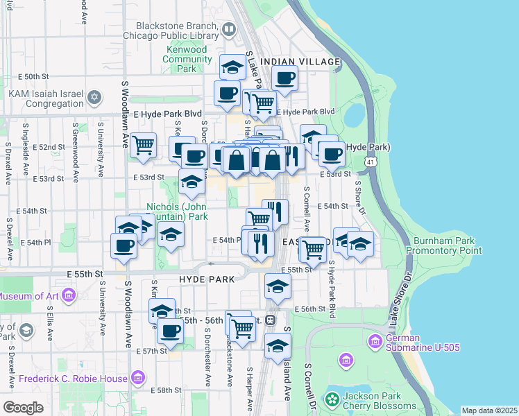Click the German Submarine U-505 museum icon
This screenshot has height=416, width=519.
pos(375,341)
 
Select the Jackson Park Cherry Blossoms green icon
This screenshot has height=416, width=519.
pos(332,399)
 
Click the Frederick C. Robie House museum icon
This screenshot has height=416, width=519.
pos(137,378)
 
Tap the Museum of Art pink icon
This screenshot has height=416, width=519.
pos(68,297)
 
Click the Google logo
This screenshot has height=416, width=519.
pos(23,407)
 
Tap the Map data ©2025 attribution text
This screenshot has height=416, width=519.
pos(488,410)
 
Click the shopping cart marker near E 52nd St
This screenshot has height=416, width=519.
pos(143,146)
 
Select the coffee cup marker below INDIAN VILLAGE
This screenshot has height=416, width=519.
pos(284,78)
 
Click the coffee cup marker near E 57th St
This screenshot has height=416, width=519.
pos(170,331)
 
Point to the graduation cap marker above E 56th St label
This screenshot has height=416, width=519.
pos(278,286)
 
